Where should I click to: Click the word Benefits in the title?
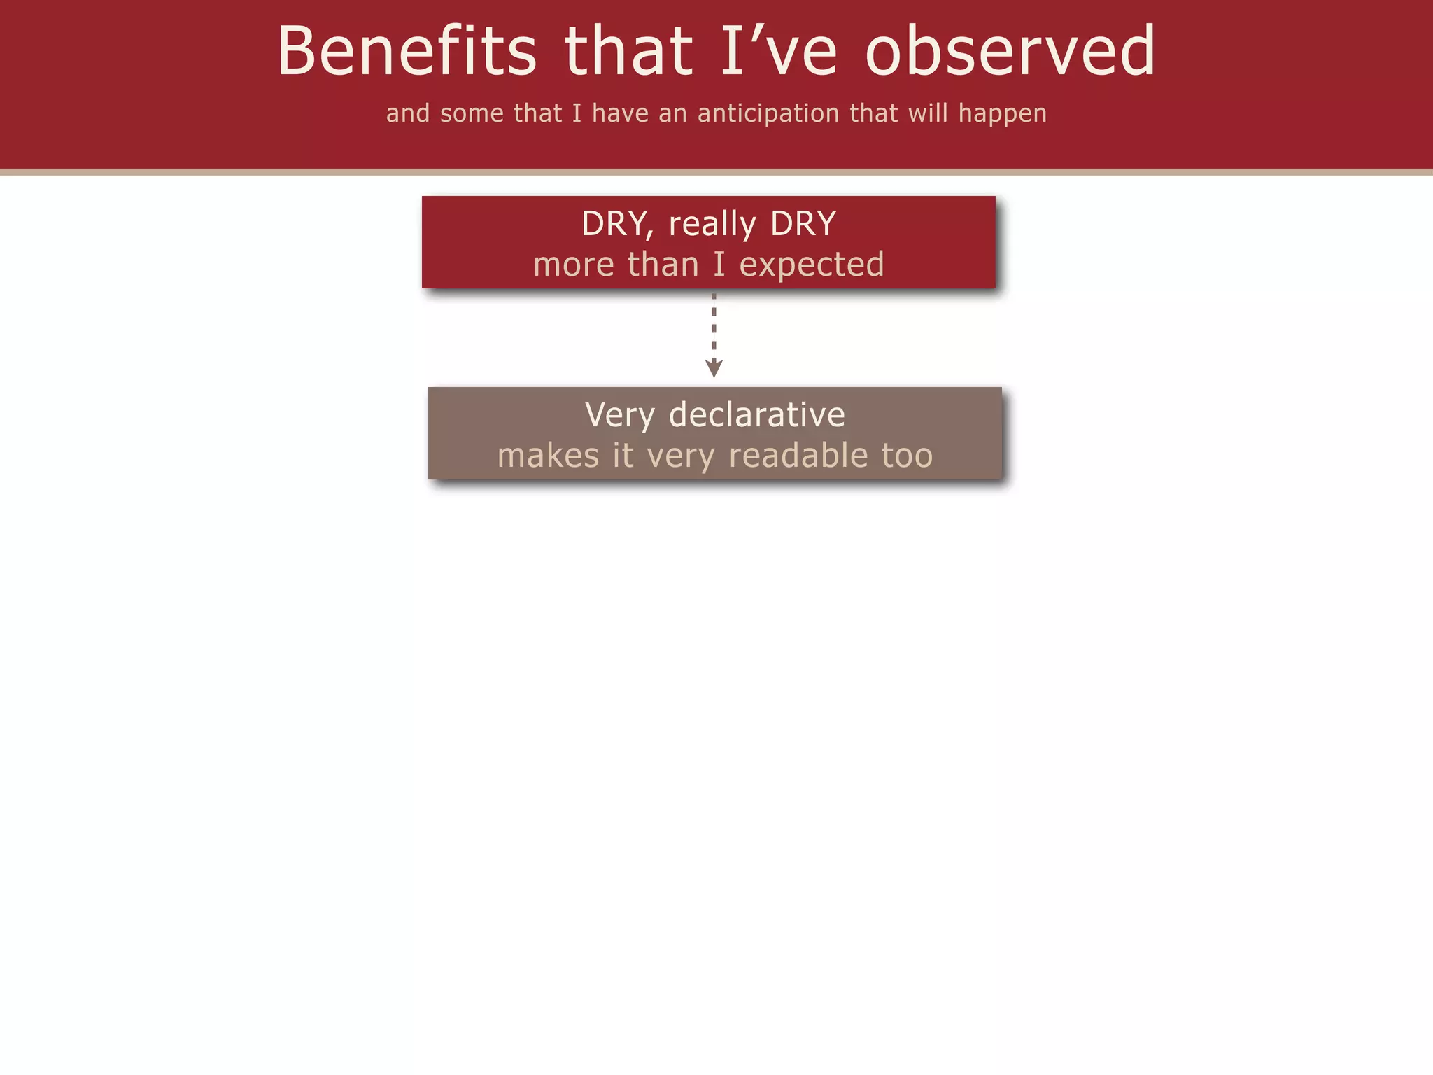407,50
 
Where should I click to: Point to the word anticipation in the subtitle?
768,113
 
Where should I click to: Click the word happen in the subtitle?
1002,113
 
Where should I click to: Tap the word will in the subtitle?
928,113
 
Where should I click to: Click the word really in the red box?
712,225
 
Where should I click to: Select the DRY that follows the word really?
803,224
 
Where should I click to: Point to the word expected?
812,265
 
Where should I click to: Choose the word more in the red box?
573,265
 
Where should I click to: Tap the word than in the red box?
663,265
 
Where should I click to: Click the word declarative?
756,414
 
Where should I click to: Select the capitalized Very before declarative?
619,415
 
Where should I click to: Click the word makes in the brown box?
548,456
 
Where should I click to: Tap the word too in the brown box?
907,456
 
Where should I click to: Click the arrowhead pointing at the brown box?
714,368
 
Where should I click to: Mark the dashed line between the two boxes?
714,325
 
